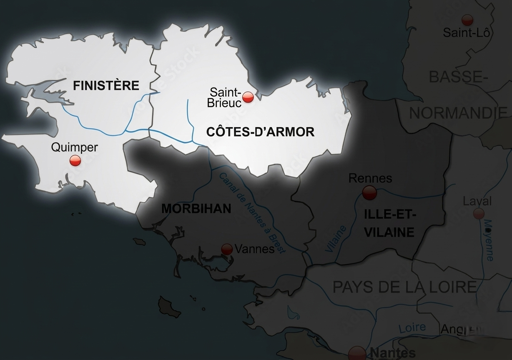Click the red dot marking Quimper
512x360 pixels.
(x=75, y=160)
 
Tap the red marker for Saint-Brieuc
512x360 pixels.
(x=248, y=97)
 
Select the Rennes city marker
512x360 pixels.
(x=369, y=192)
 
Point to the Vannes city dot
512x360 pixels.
(x=227, y=249)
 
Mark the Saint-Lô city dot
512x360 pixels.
(x=467, y=20)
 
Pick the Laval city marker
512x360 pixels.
(x=479, y=214)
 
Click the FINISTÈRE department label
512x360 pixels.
(x=106, y=86)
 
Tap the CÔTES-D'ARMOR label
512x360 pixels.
(x=260, y=132)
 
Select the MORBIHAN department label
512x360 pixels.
(x=196, y=209)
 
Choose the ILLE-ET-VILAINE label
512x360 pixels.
(x=390, y=223)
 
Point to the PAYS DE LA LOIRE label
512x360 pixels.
(x=404, y=287)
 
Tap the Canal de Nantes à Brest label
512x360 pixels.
(x=252, y=212)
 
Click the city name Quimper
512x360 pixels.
(x=74, y=147)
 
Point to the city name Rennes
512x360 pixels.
(x=370, y=178)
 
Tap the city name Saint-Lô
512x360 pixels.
(x=466, y=32)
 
